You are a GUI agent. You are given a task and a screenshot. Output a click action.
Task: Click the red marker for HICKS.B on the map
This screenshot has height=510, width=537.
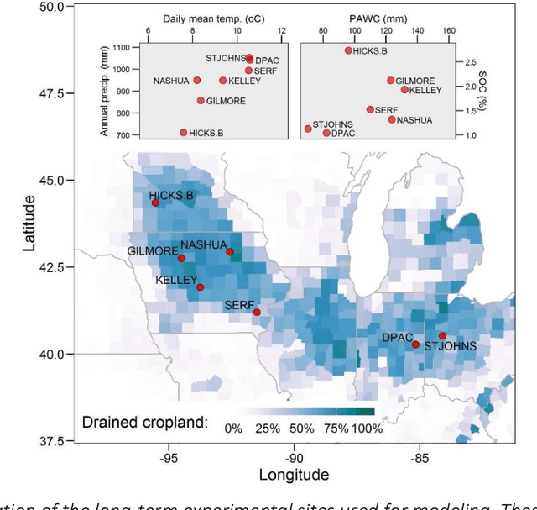click(x=155, y=202)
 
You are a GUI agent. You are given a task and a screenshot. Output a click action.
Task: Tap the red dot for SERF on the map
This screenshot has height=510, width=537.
click(x=257, y=313)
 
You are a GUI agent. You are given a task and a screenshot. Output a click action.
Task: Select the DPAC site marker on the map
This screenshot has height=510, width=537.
click(x=415, y=344)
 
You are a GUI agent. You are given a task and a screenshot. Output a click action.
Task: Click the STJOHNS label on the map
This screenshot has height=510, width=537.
click(x=450, y=346)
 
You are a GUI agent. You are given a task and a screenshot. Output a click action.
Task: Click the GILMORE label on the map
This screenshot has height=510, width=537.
click(x=153, y=251)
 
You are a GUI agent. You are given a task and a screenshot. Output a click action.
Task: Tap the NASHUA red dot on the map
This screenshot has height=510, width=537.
click(x=230, y=251)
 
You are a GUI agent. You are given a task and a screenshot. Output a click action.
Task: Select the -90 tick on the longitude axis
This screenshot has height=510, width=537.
click(x=294, y=458)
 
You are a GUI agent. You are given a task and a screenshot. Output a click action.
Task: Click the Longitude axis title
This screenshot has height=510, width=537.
click(x=294, y=475)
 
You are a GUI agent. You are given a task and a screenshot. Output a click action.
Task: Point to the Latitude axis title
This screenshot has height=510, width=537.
click(x=29, y=223)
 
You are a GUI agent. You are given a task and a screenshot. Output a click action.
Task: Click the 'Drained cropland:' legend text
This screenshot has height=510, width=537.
click(x=144, y=422)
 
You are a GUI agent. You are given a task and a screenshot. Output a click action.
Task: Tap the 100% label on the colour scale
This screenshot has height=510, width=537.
click(x=367, y=429)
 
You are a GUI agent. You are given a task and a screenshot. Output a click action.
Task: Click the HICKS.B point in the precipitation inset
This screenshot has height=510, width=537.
click(x=184, y=133)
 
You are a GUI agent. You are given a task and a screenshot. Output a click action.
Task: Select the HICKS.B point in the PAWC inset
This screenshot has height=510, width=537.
click(x=348, y=50)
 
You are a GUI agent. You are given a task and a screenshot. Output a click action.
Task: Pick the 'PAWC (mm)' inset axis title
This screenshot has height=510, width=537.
click(x=385, y=15)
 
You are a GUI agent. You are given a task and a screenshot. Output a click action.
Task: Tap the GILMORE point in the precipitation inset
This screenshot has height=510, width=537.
click(x=201, y=101)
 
